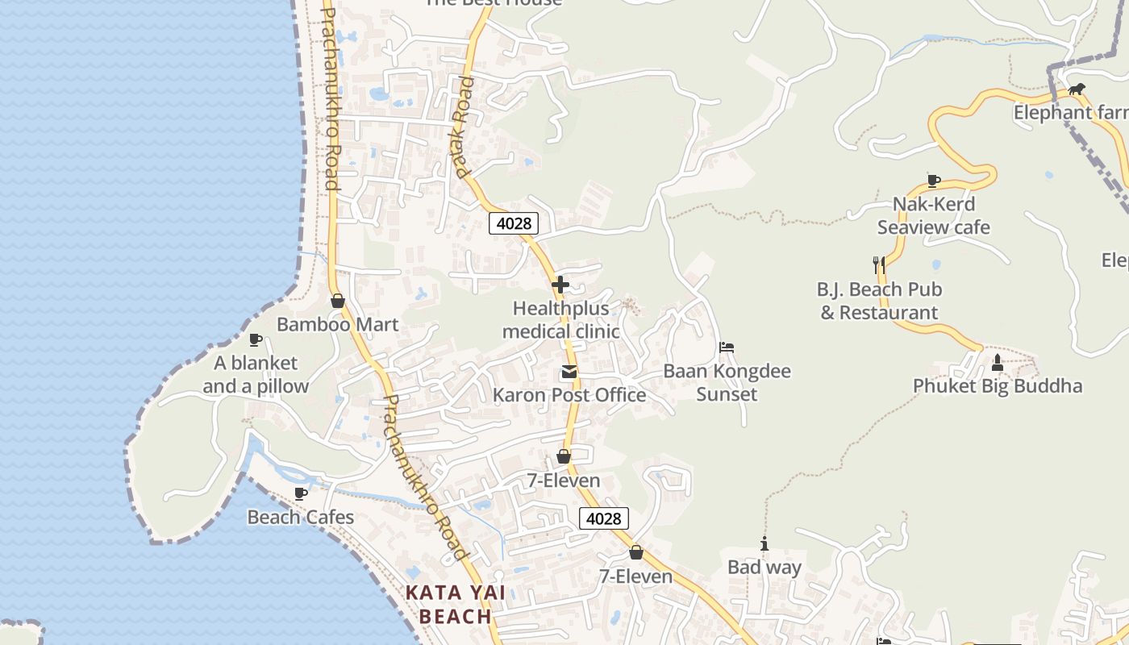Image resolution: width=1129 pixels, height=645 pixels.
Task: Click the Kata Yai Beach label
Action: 455,605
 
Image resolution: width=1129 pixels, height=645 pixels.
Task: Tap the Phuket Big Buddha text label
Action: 998,386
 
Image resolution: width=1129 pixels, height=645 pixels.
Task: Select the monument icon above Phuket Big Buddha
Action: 998,363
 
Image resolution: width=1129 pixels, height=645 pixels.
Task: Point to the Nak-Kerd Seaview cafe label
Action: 934,216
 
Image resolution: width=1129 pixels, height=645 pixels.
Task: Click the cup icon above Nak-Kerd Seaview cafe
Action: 933,181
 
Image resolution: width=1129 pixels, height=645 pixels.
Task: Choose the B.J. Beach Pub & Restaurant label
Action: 879,301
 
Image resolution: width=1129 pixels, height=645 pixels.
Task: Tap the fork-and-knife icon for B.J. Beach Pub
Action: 879,264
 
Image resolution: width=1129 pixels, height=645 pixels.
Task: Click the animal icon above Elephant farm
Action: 1076,89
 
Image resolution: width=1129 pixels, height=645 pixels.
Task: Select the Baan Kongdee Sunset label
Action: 727,383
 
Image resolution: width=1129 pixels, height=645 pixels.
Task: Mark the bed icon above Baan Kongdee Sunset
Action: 727,348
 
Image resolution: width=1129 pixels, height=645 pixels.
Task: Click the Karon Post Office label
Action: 569,395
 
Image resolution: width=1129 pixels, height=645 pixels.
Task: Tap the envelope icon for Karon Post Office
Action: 569,372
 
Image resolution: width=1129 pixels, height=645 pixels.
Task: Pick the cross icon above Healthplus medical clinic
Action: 560,285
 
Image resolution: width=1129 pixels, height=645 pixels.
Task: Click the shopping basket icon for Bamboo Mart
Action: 338,301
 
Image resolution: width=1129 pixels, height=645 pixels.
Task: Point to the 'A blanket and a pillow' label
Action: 256,375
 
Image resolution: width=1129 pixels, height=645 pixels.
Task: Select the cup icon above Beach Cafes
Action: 301,493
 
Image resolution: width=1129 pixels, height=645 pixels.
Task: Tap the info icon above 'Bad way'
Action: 764,544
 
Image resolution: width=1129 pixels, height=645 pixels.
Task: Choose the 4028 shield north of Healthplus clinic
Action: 513,223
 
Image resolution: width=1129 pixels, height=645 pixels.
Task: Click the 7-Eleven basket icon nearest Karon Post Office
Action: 564,457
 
